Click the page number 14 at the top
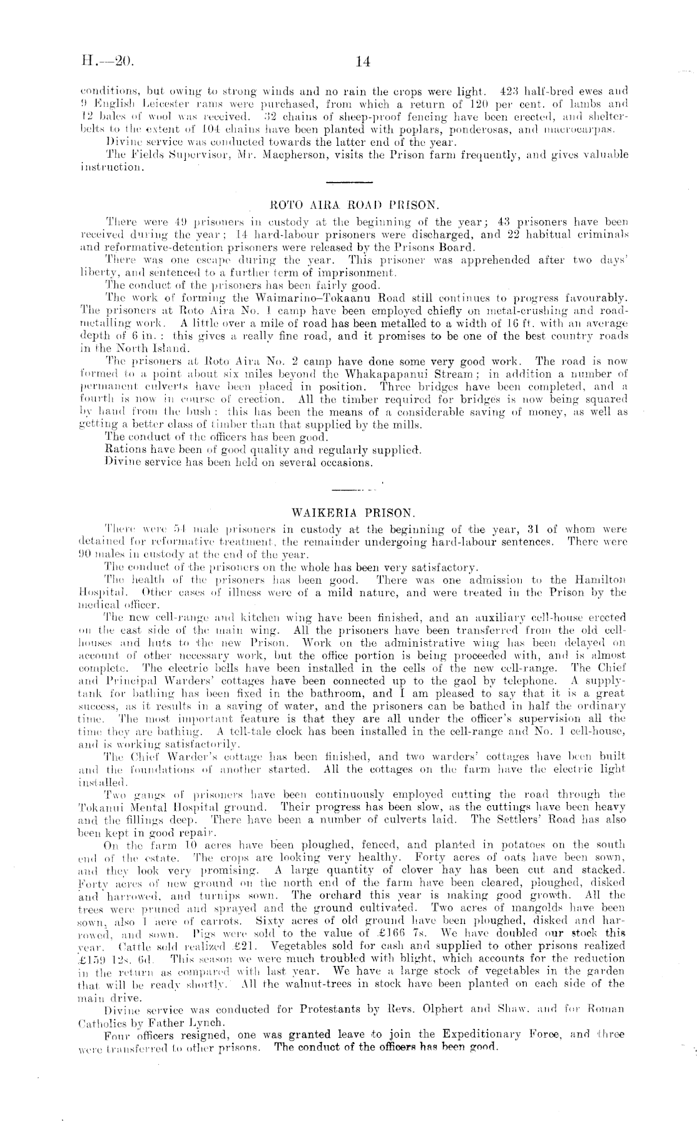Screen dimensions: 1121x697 [x=362, y=61]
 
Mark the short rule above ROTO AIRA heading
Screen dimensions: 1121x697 [x=350, y=182]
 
